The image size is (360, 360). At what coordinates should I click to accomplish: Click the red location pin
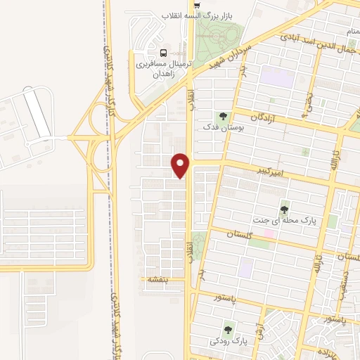[181, 165]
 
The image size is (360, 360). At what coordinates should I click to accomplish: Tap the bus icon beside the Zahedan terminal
[164, 53]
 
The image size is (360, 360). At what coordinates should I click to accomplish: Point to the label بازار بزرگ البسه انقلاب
[201, 15]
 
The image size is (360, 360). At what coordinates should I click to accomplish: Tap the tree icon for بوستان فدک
[223, 116]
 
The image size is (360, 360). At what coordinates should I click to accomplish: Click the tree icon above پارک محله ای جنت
[284, 209]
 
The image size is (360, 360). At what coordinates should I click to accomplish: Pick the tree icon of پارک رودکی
[228, 329]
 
